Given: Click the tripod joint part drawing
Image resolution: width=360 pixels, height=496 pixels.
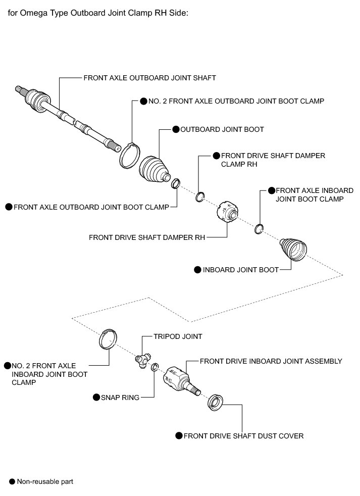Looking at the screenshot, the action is tap(141, 360).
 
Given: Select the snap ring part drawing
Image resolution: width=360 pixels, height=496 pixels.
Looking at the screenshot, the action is tap(155, 367).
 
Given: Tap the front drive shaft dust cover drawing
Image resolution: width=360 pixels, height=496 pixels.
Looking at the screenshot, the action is tap(216, 403).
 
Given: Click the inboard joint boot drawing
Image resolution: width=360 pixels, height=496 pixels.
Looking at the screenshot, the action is tap(293, 250).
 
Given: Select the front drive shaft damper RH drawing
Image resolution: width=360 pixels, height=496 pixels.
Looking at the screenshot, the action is tap(227, 212).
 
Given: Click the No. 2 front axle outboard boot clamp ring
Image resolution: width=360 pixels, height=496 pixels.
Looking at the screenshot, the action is tap(129, 156).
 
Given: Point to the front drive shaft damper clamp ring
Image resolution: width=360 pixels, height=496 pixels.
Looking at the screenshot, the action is tap(199, 197).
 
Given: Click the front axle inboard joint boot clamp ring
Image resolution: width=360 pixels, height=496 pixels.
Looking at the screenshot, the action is tap(259, 229).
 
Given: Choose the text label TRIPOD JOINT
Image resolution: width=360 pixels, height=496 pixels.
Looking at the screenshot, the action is tap(178, 336).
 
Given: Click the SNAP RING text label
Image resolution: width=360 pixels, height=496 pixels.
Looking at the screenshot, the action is tap(120, 398).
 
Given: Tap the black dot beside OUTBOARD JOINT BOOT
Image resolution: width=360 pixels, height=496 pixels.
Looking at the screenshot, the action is tap(176, 129).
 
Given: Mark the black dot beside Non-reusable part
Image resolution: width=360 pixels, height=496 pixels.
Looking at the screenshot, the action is tap(12, 482).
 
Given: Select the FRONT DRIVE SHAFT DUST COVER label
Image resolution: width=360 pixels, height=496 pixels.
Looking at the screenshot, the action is tap(243, 436).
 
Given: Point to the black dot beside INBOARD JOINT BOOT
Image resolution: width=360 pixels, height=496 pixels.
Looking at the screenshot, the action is tap(197, 270).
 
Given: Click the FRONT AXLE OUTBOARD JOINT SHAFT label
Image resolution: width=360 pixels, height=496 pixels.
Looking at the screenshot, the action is tap(149, 78).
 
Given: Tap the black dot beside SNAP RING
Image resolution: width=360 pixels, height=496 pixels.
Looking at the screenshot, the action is tap(96, 398).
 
